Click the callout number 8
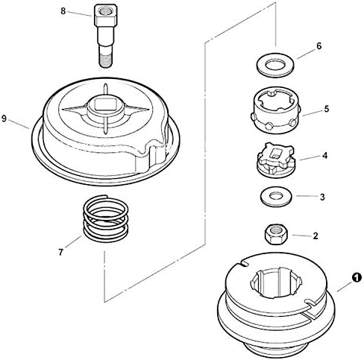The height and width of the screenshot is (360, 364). (63, 11)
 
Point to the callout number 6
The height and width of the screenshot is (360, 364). (318, 45)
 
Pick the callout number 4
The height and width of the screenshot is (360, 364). (324, 157)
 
